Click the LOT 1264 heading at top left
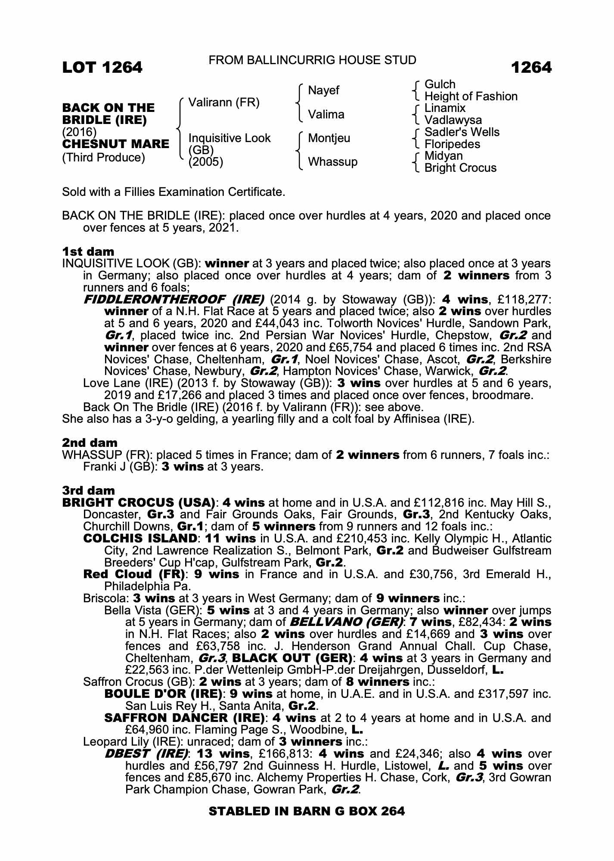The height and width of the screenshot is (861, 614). [x=102, y=68]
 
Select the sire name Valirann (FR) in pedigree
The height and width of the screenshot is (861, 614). [x=224, y=102]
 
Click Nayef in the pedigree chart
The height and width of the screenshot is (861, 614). [x=323, y=90]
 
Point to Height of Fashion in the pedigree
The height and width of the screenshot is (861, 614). [x=471, y=96]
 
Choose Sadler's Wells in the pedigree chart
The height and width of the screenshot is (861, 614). [x=462, y=132]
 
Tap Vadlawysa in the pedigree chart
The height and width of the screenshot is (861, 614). [x=453, y=120]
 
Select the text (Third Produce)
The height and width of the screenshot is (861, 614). [x=103, y=158]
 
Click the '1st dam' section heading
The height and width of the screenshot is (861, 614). [x=88, y=251]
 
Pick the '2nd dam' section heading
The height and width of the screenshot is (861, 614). [x=90, y=443]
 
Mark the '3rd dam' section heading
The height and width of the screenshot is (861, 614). [x=89, y=490]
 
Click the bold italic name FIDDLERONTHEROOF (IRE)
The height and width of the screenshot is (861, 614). [x=174, y=299]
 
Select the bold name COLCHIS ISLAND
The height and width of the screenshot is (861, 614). [x=140, y=539]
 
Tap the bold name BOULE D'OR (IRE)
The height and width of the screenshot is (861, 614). [x=163, y=694]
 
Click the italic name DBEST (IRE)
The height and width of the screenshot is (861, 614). [x=146, y=754]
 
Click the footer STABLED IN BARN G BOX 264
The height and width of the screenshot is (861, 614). [x=307, y=811]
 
